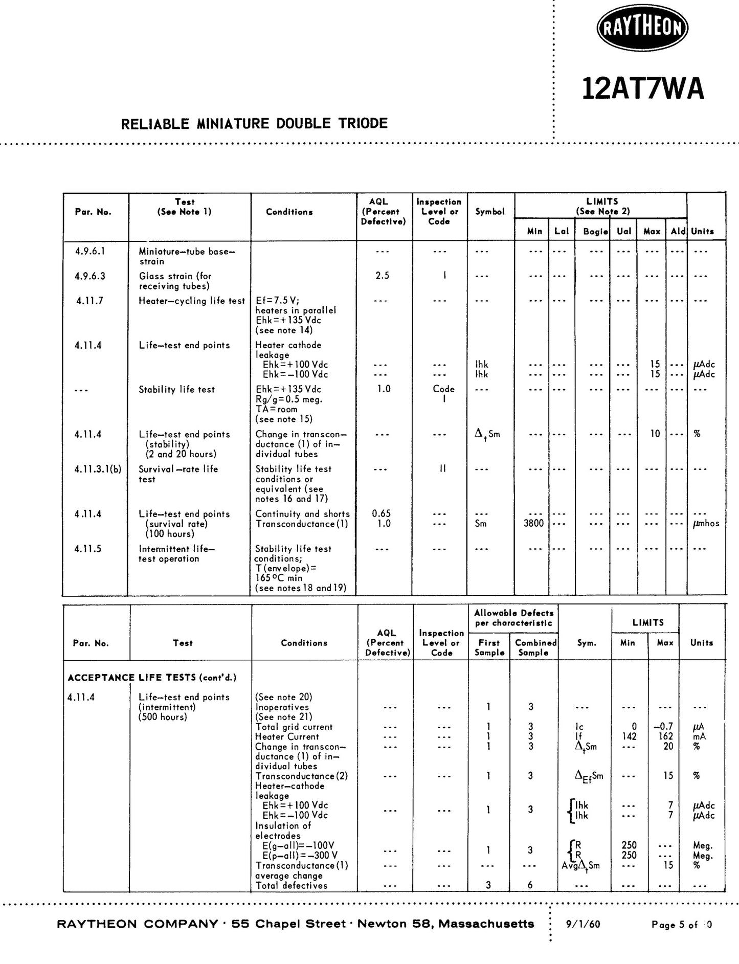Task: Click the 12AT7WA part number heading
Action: click(x=643, y=89)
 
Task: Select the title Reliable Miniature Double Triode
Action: click(x=254, y=123)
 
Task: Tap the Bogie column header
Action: click(x=595, y=231)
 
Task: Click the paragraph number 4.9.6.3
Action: click(x=90, y=276)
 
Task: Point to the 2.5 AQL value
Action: click(x=382, y=276)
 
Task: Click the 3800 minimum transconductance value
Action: click(x=533, y=523)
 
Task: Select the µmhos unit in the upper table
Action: click(x=706, y=523)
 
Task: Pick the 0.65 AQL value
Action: click(x=382, y=513)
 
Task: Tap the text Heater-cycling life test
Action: click(x=192, y=301)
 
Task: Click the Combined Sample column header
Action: click(x=535, y=647)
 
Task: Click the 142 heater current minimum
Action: click(x=629, y=736)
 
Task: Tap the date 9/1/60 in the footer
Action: click(x=583, y=924)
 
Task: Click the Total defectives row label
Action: click(x=291, y=885)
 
